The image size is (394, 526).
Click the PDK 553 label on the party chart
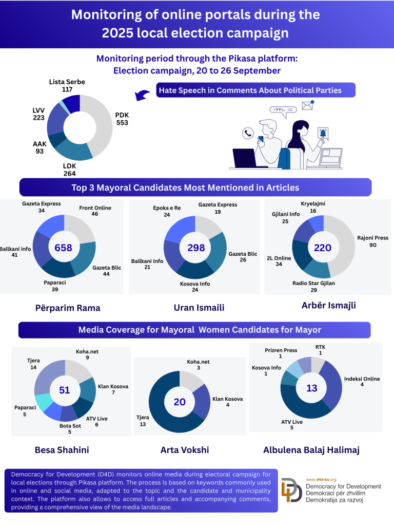122,119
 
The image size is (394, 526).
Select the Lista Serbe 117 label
67,86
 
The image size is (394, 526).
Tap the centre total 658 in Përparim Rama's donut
64,248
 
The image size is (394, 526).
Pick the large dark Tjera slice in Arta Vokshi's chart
164,406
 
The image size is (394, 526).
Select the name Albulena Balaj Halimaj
311,450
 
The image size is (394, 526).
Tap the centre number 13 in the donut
312,388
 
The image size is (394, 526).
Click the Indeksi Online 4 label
362,382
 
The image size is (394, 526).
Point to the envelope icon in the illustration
307,105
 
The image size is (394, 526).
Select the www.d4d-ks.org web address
321,479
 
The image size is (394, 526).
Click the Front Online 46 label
95,211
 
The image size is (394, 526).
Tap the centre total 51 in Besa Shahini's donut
64,390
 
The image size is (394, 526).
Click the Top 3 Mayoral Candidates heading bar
195,187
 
